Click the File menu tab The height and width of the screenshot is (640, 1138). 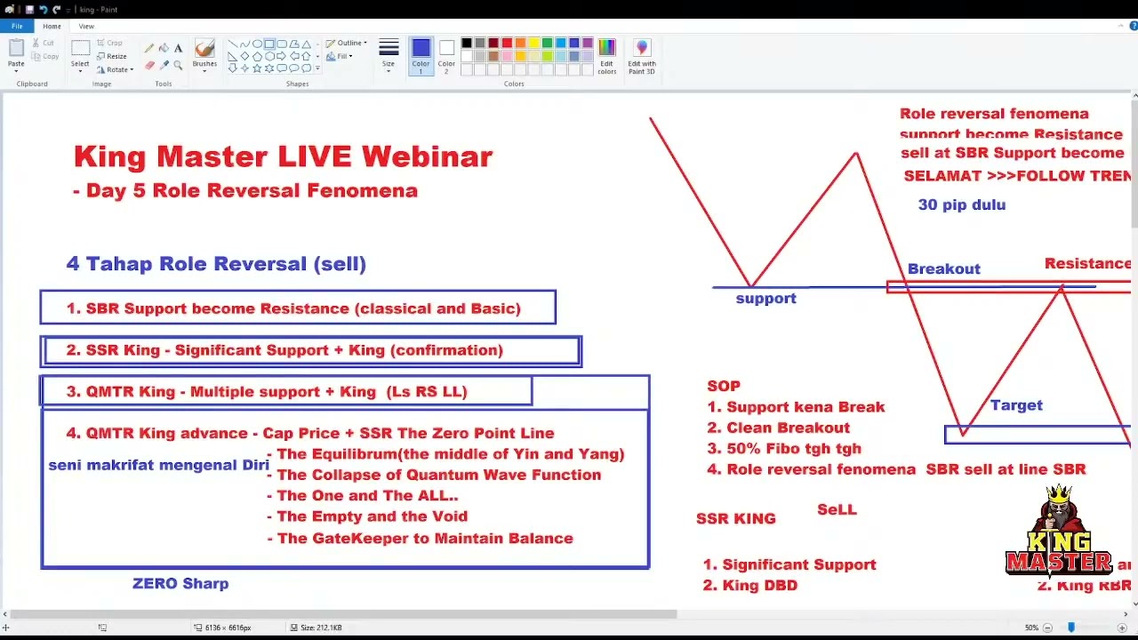17,27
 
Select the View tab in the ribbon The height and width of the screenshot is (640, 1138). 86,27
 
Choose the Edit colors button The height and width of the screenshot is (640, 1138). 607,55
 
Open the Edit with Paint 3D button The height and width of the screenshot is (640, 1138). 642,55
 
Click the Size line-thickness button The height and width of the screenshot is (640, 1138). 389,53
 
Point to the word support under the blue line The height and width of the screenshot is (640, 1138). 765,299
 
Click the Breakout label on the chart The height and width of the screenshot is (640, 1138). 943,268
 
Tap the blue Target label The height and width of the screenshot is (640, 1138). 1016,405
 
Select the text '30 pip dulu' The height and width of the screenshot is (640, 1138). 962,204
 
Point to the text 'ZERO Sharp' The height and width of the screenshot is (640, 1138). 180,584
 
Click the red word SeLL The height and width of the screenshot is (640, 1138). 837,510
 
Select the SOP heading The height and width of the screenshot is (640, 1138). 724,386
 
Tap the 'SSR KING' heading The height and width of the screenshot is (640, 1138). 736,519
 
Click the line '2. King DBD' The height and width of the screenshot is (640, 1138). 749,586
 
